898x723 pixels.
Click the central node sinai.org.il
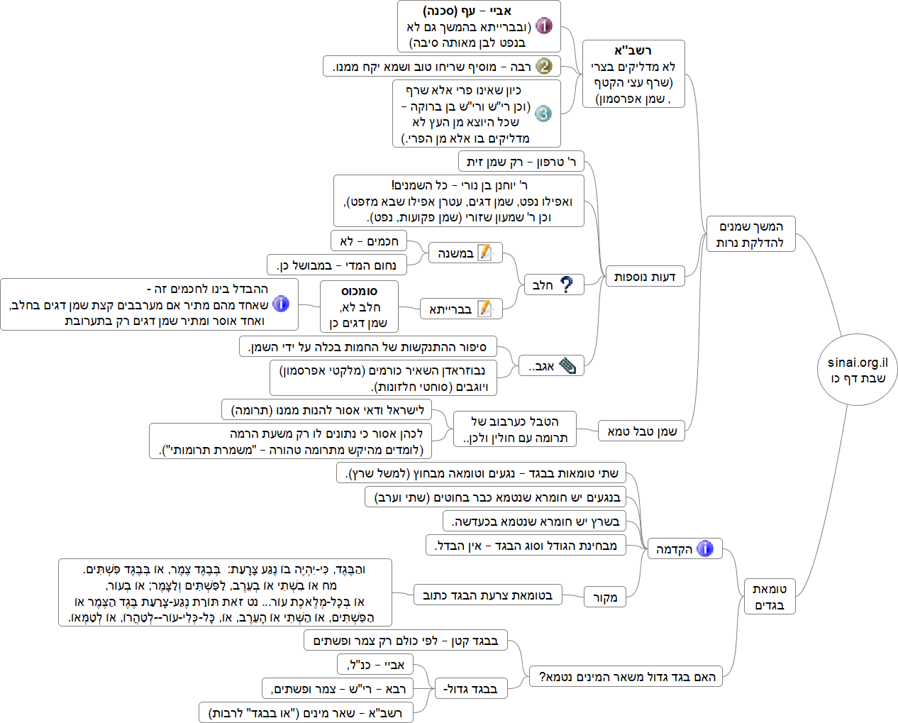[x=857, y=370]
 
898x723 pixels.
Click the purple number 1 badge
[x=543, y=26]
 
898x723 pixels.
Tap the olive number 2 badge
[x=543, y=66]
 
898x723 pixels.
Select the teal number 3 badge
[x=543, y=114]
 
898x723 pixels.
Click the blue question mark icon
[x=566, y=285]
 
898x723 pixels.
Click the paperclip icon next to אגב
[x=567, y=366]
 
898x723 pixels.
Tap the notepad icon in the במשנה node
[x=486, y=253]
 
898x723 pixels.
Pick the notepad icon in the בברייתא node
[x=485, y=309]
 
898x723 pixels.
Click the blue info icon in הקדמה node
[x=704, y=548]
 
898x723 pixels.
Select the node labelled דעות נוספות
[x=644, y=276]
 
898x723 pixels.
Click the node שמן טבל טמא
[x=642, y=431]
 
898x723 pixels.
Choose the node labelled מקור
[x=604, y=597]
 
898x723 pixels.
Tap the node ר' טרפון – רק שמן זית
[x=521, y=162]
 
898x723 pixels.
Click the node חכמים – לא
[x=369, y=241]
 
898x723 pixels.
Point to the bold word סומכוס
[x=359, y=291]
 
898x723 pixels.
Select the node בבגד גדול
[x=470, y=689]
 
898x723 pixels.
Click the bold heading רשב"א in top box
[x=633, y=50]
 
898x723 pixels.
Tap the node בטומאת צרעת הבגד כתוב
[x=487, y=595]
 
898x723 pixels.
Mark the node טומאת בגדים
[x=769, y=597]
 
